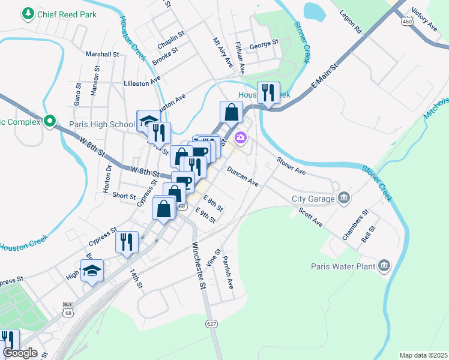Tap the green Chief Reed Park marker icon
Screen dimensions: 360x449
(28, 13)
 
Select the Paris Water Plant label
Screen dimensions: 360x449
(343, 266)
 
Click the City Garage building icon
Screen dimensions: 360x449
(344, 197)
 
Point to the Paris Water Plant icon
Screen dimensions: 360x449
(384, 265)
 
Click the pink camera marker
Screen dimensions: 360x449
(241, 138)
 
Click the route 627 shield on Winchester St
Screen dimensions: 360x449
(213, 324)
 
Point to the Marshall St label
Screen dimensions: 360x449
(102, 54)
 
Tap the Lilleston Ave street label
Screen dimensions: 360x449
(142, 83)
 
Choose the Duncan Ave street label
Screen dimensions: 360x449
(243, 176)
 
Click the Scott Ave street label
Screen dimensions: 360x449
(310, 217)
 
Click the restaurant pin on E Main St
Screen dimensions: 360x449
(268, 93)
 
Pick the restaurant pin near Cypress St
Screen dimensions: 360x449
(126, 242)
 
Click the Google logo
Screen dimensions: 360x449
(20, 353)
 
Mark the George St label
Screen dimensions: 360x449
(264, 44)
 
